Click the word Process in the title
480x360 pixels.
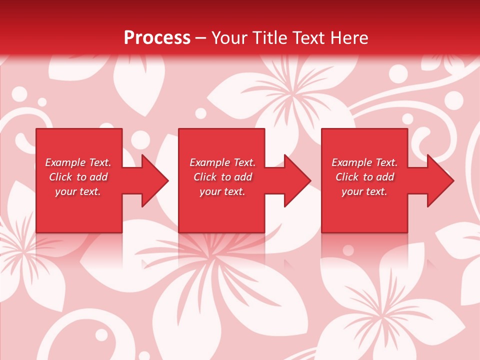pyautogui.click(x=157, y=38)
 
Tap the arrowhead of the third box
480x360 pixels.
pyautogui.click(x=439, y=180)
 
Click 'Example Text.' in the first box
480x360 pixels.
pyautogui.click(x=78, y=162)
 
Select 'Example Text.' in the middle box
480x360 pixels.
pyautogui.click(x=222, y=162)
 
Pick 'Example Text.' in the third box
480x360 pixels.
pyautogui.click(x=364, y=162)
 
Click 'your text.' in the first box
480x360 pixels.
pyautogui.click(x=78, y=191)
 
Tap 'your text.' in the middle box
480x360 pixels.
pyautogui.click(x=222, y=191)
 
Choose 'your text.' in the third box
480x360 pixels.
pyautogui.click(x=364, y=191)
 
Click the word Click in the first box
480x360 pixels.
pyautogui.click(x=60, y=177)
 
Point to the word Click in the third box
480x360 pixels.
pyautogui.click(x=347, y=177)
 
